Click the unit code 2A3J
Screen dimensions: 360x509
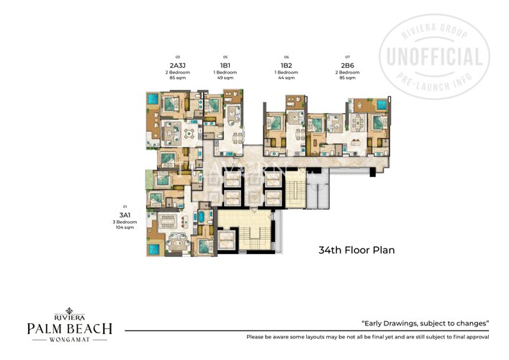tap(176, 65)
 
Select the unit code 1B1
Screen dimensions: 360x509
tap(225, 65)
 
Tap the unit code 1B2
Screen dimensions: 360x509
tap(287, 65)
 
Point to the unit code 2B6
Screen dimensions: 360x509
tap(347, 65)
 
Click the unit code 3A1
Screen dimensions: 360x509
tap(125, 215)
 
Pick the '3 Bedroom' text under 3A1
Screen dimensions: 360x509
tap(125, 222)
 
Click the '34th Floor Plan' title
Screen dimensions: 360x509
tap(356, 251)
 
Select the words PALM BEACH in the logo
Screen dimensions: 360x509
tap(70, 329)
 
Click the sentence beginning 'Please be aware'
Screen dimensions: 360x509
tap(367, 337)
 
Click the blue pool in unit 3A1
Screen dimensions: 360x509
tap(154, 249)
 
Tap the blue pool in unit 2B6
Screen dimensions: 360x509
tap(380, 106)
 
